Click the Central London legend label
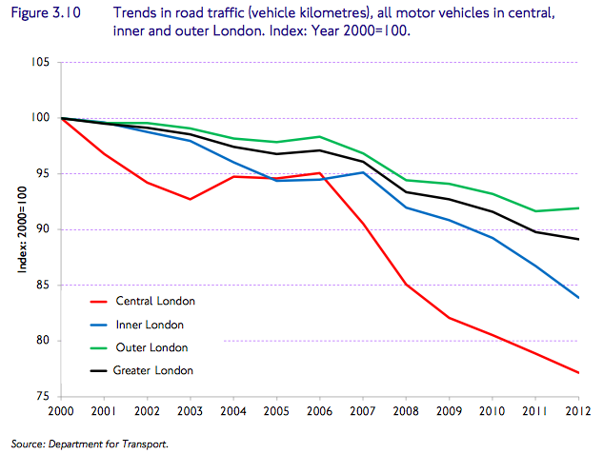pyautogui.click(x=154, y=301)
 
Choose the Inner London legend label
pyautogui.click(x=149, y=324)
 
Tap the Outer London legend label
pyautogui.click(x=151, y=347)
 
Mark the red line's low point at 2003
pyautogui.click(x=190, y=199)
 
